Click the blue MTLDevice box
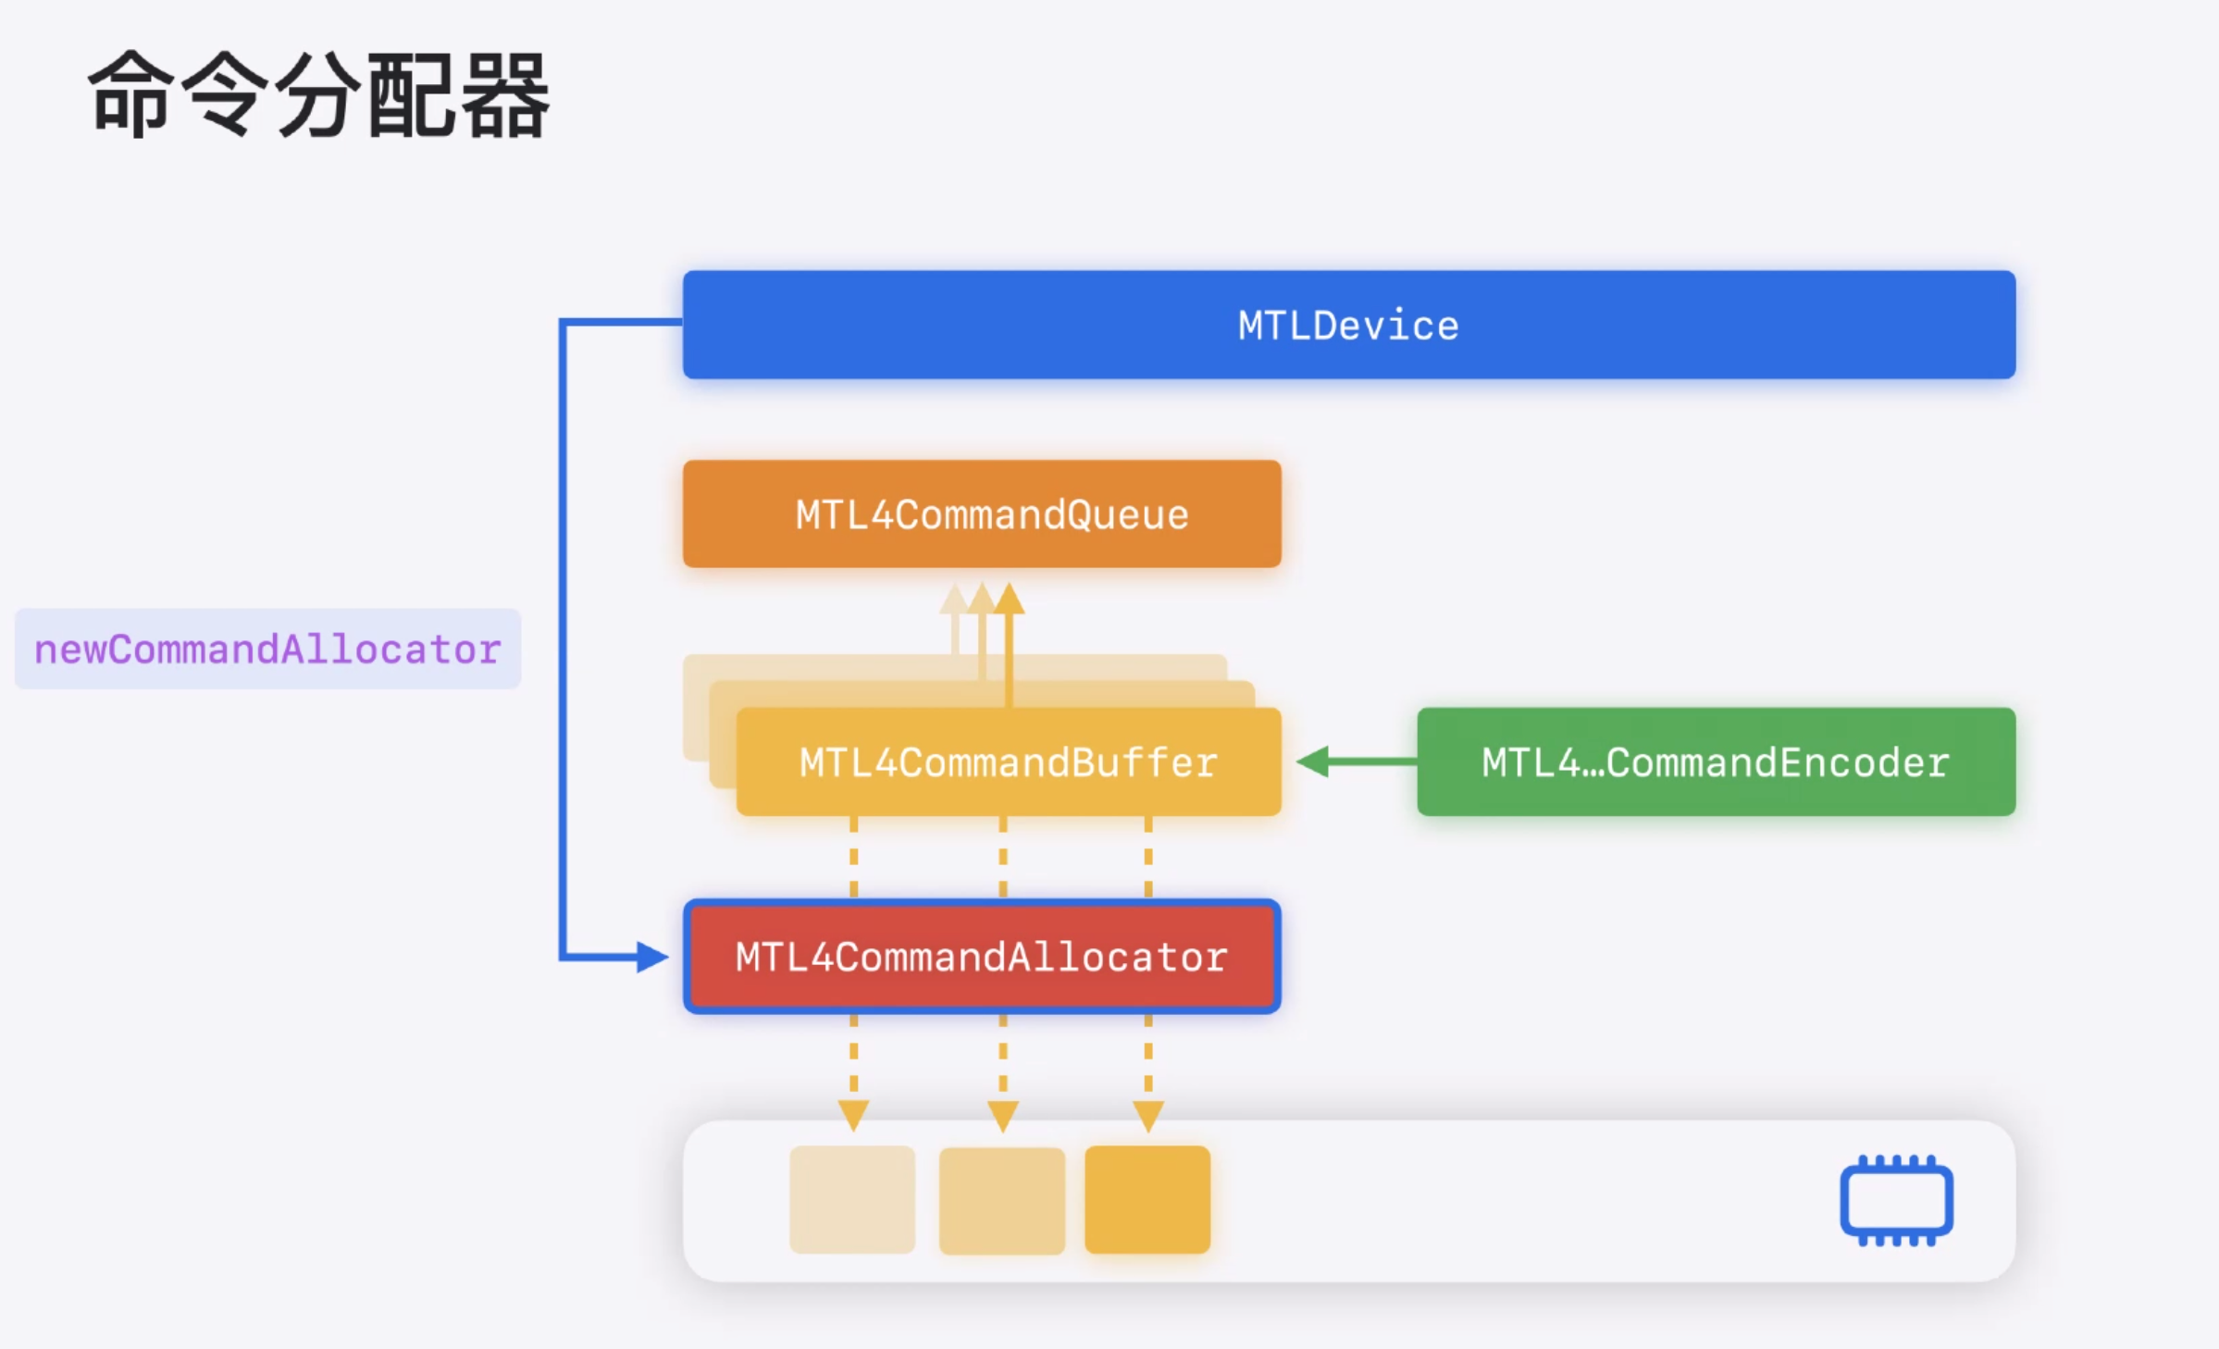pos(1348,325)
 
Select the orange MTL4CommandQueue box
pos(982,514)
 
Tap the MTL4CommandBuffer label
pos(1008,762)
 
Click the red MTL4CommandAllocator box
pos(982,957)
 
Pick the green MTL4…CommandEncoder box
pos(1716,761)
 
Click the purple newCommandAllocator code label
pos(267,650)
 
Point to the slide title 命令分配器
pos(318,94)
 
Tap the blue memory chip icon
pos(1896,1200)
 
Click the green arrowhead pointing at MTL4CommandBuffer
pos(1314,761)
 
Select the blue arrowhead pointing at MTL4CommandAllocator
pos(651,957)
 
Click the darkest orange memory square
pos(1147,1200)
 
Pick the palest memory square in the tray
pos(852,1200)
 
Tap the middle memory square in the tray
pos(1002,1200)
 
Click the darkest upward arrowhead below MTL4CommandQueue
pos(1009,599)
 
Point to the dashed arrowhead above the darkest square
pos(1148,1115)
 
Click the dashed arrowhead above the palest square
pos(853,1115)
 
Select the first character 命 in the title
pos(130,94)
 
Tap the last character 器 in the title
pos(504,94)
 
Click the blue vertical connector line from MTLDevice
pos(562,638)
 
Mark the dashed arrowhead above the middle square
pos(1003,1115)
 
